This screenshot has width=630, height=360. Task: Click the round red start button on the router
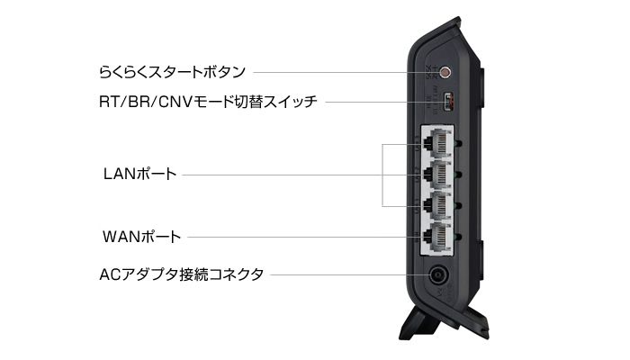click(x=442, y=69)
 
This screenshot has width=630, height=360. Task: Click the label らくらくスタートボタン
click(x=173, y=69)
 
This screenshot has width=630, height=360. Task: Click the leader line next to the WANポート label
click(x=297, y=238)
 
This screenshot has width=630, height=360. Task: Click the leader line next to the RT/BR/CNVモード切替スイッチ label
click(x=373, y=103)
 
